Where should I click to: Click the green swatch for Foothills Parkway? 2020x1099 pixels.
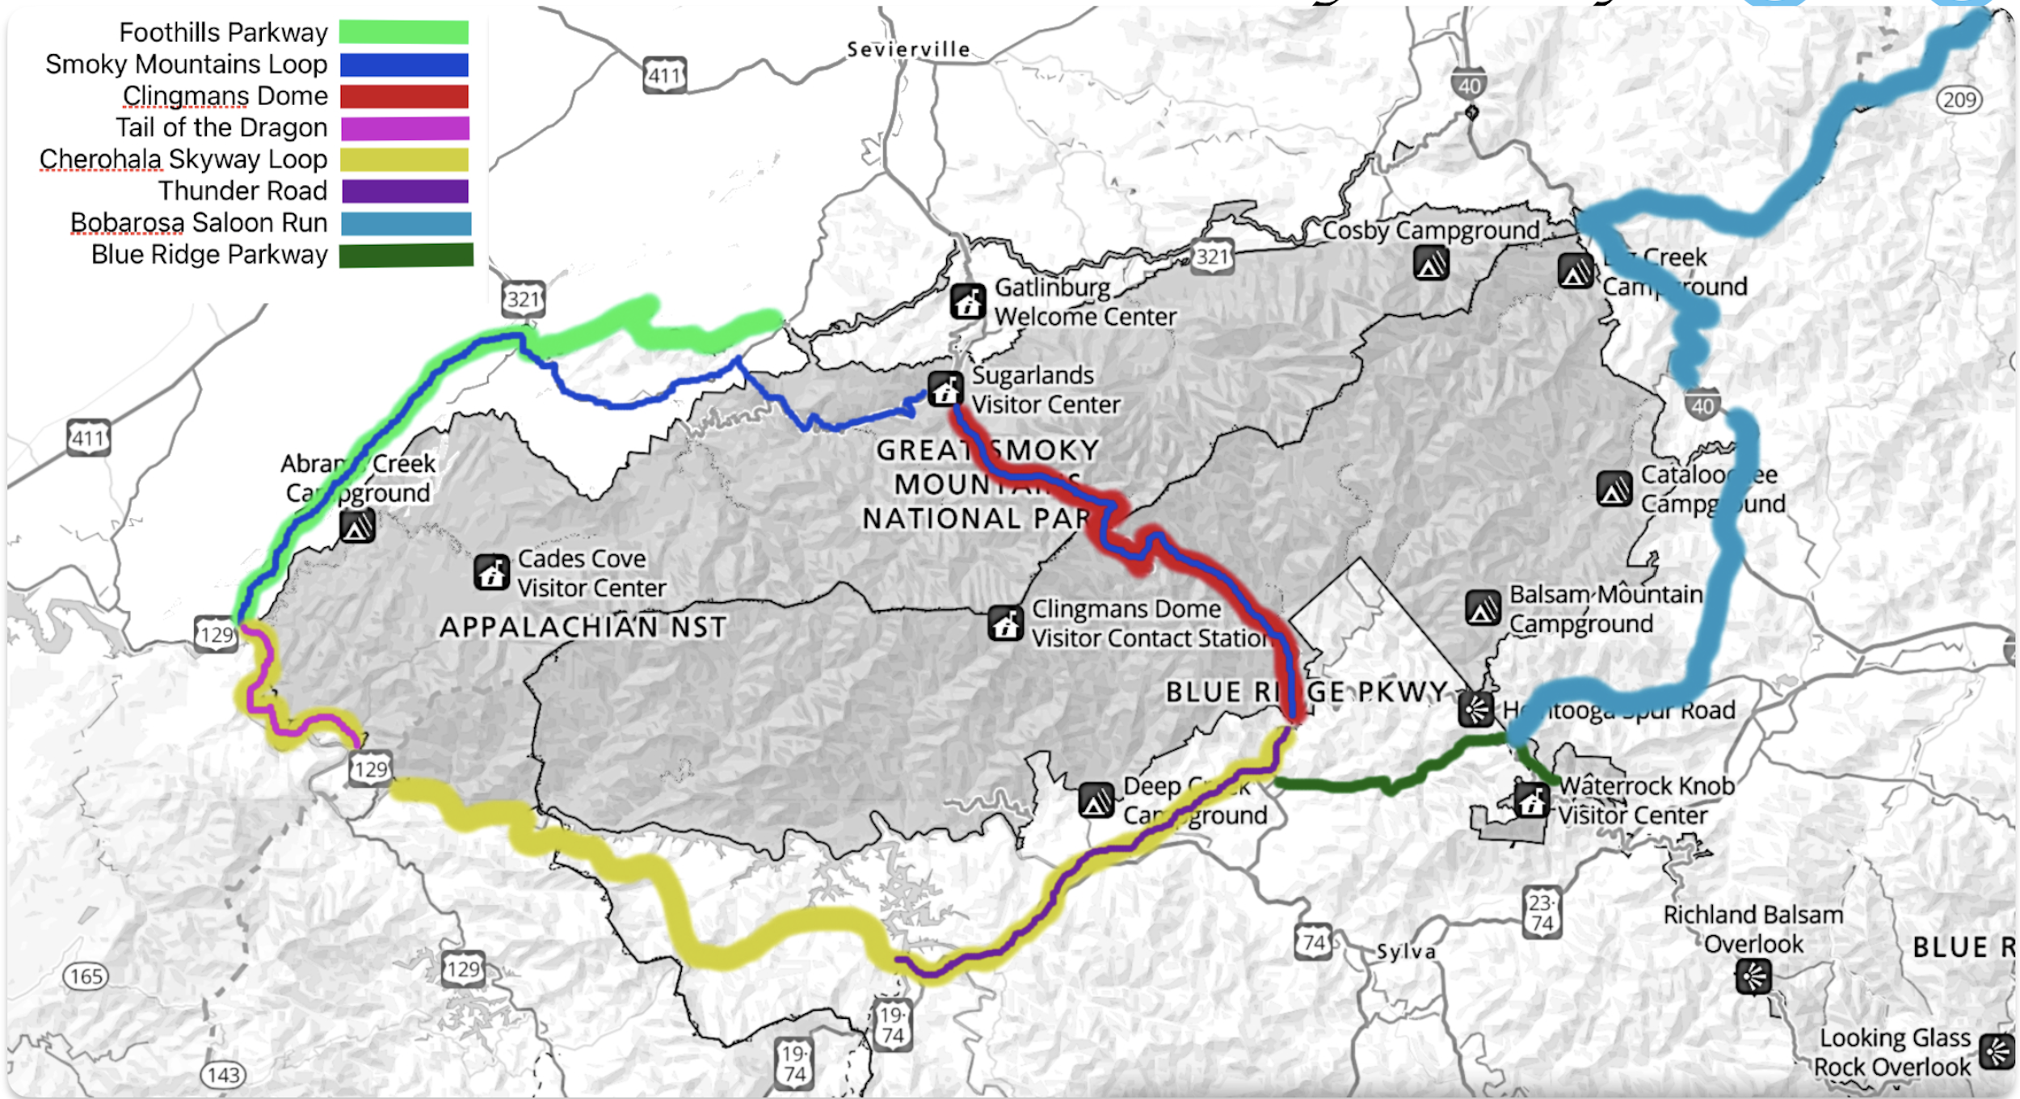403,32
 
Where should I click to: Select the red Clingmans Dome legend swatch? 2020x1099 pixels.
404,96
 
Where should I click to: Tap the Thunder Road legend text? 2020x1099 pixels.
242,191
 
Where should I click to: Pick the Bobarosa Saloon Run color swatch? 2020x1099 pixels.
406,223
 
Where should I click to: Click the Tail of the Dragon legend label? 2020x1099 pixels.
221,128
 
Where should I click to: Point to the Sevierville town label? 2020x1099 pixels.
908,49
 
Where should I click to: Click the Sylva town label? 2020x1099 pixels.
1406,951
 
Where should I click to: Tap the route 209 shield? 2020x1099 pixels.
1959,100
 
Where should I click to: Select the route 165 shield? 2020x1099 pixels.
86,976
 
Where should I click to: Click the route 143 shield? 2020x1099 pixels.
223,1075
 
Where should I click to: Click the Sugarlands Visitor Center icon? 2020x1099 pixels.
945,389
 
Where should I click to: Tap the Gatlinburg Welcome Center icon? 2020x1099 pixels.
967,301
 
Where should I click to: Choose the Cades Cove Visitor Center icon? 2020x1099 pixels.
491,572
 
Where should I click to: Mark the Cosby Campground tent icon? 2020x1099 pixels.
1431,263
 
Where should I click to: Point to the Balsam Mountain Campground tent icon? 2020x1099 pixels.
1483,608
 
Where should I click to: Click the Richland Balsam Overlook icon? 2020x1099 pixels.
1753,977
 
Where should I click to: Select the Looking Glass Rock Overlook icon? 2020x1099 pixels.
1997,1051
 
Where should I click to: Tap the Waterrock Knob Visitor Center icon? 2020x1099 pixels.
1530,800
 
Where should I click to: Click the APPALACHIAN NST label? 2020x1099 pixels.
583,627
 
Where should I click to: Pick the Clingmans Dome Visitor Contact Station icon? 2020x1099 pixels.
1006,623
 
